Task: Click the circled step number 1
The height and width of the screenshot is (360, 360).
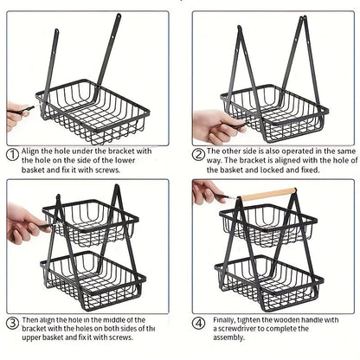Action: tap(12, 155)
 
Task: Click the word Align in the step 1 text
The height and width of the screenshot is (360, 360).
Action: tap(34, 151)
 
